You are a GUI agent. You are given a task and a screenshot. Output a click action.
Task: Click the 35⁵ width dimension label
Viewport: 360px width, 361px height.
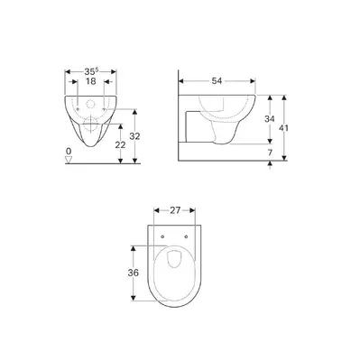click(91, 71)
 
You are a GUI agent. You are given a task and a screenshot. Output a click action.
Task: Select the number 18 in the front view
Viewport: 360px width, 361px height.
click(90, 81)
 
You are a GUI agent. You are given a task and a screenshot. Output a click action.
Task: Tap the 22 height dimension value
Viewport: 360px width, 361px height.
click(121, 144)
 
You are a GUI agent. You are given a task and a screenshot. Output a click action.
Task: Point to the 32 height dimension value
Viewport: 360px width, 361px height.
click(134, 136)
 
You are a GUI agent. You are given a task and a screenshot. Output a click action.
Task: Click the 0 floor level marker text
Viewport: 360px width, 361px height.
click(69, 151)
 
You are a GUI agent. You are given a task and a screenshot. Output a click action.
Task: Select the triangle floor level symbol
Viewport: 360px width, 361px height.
click(69, 160)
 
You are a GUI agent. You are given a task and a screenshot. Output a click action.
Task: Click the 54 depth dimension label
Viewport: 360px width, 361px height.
click(217, 80)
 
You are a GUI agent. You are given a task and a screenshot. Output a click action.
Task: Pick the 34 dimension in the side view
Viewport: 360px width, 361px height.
click(270, 119)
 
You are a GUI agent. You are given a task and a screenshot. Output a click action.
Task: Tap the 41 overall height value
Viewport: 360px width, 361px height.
click(283, 128)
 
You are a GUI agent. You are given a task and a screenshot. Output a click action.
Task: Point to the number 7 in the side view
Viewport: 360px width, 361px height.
click(270, 153)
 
